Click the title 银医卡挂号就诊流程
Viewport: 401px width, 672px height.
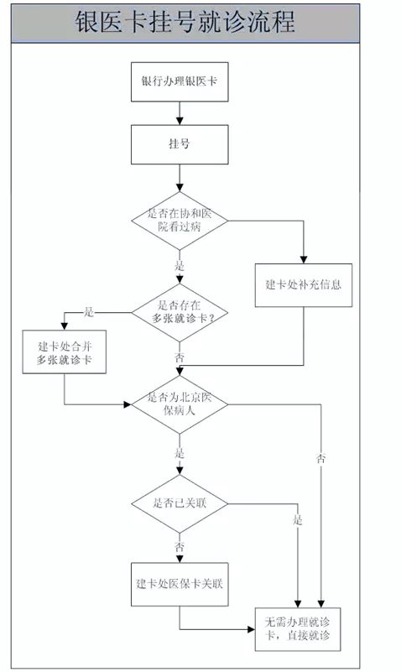tap(185, 22)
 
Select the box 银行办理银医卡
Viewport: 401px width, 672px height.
tap(180, 82)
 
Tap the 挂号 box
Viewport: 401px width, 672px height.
tap(180, 144)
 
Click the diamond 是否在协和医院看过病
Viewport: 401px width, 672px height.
tap(180, 221)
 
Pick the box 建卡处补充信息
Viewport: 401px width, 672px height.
tap(304, 285)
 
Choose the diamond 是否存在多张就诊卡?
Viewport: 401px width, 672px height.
tap(180, 312)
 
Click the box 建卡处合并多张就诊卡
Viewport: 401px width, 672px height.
tap(65, 352)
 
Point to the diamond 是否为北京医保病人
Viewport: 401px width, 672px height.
tap(180, 404)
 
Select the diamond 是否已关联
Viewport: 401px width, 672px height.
tap(180, 503)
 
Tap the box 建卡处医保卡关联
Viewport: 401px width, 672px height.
tap(180, 584)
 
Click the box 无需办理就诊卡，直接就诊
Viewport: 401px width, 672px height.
tap(298, 629)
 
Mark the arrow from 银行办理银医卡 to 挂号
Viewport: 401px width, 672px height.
tap(180, 113)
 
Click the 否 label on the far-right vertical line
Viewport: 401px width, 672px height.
tap(321, 459)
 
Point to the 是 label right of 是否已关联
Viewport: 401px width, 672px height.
tap(298, 520)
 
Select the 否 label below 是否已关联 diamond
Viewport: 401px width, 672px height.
tap(180, 547)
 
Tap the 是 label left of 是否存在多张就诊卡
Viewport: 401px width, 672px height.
tap(88, 312)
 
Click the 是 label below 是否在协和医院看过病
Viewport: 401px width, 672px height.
tap(180, 266)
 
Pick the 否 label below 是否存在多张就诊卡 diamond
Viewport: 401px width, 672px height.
tap(180, 357)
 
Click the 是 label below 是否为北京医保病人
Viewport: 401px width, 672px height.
tap(180, 453)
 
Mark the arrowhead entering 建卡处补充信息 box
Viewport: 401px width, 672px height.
tap(304, 260)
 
